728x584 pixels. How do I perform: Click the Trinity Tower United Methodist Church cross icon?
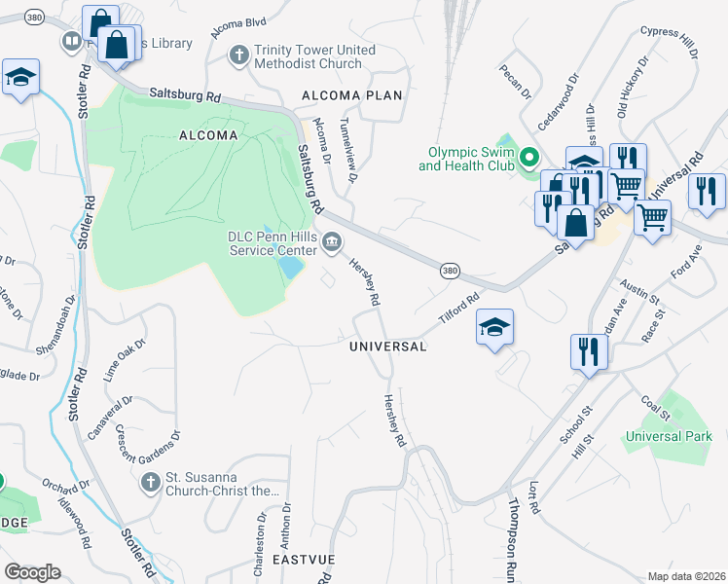pyautogui.click(x=239, y=55)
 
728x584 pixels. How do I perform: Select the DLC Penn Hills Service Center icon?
pyautogui.click(x=333, y=241)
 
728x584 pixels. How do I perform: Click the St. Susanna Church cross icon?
pyautogui.click(x=150, y=482)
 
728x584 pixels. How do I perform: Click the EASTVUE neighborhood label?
pyautogui.click(x=304, y=562)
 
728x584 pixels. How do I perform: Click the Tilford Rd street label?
pyautogui.click(x=460, y=310)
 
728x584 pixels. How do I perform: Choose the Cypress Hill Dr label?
pyautogui.click(x=669, y=44)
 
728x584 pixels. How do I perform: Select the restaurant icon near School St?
pyautogui.click(x=589, y=351)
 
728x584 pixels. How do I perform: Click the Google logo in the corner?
pyautogui.click(x=32, y=571)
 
